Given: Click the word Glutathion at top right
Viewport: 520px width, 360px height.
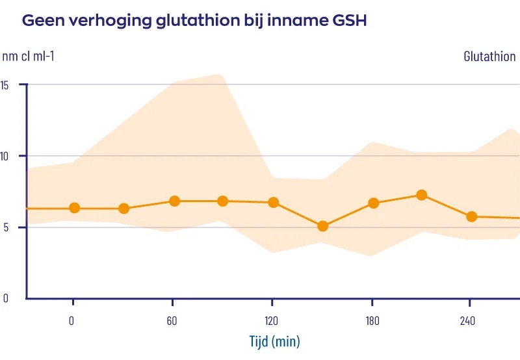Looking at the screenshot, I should [x=489, y=57].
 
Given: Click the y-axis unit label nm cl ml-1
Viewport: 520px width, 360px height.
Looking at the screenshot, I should [x=28, y=57].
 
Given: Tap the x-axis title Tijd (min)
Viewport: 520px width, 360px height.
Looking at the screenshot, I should [x=275, y=341].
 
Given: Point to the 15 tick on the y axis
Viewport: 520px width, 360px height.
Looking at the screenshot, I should [x=5, y=84].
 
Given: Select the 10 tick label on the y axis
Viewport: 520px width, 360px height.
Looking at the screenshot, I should [x=5, y=156].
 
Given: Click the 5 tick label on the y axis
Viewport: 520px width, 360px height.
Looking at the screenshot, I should [x=5, y=227].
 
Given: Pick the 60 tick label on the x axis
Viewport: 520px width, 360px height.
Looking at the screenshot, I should [x=172, y=320].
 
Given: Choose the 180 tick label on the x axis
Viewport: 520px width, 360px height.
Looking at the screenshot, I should [x=371, y=320].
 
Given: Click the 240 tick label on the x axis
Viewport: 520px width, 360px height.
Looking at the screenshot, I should [x=469, y=320].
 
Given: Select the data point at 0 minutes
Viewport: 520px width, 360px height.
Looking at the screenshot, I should [x=74, y=208].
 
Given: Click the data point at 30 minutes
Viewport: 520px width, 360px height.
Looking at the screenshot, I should [x=123, y=209].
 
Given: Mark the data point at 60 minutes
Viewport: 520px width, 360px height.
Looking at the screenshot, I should [x=174, y=201].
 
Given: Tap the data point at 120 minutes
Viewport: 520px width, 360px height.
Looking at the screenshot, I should [x=274, y=202].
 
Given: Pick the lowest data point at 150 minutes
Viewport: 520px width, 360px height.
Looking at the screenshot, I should [x=322, y=226].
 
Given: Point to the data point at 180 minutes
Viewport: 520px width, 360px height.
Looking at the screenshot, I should [x=374, y=203].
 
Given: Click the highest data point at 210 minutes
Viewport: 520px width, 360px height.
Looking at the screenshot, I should [x=421, y=194].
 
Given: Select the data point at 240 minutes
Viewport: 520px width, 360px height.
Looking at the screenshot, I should [x=472, y=216].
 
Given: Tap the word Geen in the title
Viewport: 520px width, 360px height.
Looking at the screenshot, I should [x=40, y=21].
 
